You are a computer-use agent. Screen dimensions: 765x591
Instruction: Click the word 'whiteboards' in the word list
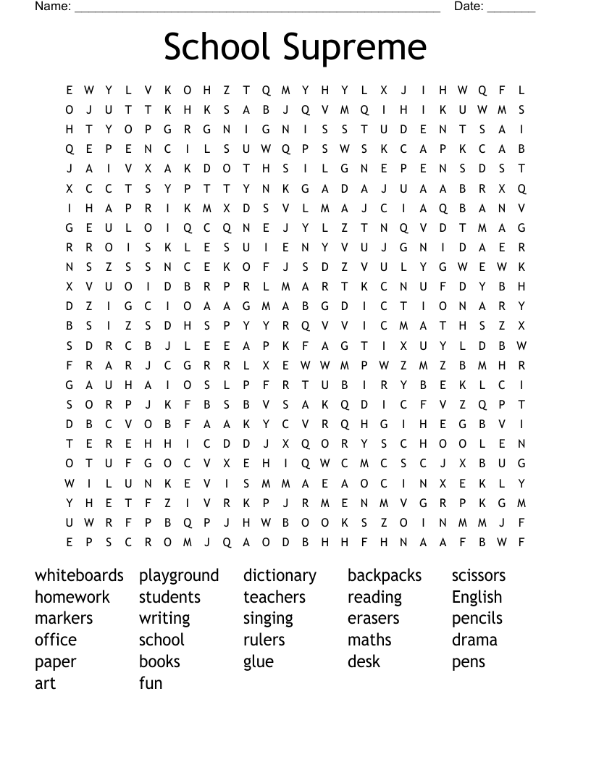coord(79,575)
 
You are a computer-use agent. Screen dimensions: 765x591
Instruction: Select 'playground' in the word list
coord(179,576)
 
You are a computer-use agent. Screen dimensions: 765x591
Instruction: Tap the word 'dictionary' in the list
coord(280,576)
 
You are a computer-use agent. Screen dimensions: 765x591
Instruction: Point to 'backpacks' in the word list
coord(385,575)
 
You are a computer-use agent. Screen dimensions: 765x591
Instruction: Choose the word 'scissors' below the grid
coord(479,575)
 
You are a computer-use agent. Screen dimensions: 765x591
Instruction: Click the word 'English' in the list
coord(477,598)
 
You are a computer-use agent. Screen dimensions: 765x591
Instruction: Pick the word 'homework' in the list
coord(72,597)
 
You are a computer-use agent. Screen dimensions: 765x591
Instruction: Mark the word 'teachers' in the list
coord(274,597)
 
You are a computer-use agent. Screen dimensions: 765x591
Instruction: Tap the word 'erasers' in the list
coord(373,619)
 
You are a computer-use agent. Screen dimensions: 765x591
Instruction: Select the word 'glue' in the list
coord(259,662)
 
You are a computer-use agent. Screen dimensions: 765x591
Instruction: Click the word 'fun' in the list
coord(151,683)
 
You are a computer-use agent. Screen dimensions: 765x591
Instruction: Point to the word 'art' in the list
coord(45,683)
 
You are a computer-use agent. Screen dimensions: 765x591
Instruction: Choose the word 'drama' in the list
coord(474,640)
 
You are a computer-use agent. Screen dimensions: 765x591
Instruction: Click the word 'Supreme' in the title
coord(354,47)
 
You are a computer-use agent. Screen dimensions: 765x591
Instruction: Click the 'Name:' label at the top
coord(53,7)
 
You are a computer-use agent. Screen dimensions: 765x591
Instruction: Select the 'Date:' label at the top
coord(469,7)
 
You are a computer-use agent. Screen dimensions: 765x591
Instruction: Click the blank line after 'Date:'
coord(511,10)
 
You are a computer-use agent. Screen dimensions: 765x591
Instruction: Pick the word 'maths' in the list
coord(369,640)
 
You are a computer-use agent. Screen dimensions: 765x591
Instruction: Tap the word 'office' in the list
coord(55,640)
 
